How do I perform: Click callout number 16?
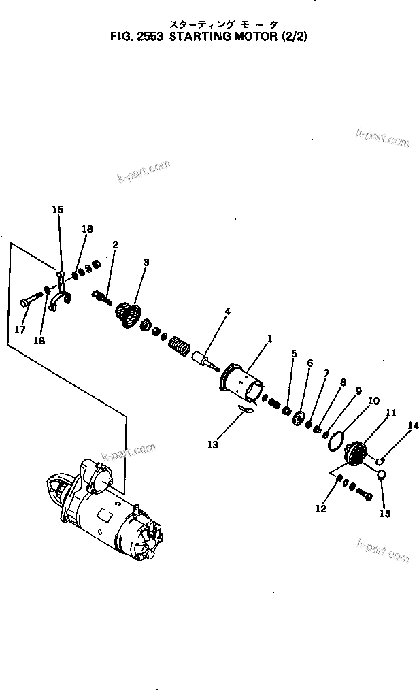pos(58,210)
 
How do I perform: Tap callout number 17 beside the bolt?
pos(20,330)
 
